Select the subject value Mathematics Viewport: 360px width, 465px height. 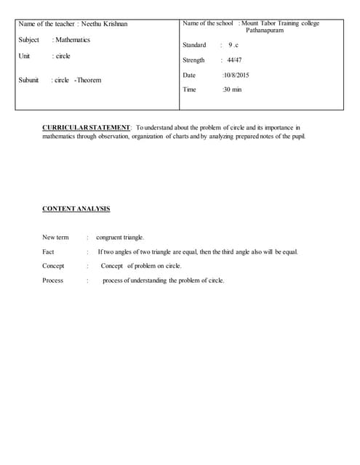pos(73,40)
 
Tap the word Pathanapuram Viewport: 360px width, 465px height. pos(265,31)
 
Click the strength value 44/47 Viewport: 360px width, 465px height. pos(235,60)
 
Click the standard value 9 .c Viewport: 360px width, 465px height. pos(233,45)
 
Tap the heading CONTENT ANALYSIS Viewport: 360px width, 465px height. pos(76,209)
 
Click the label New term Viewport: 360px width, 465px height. pos(55,237)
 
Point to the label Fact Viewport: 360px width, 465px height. pos(48,251)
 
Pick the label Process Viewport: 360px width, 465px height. pos(52,280)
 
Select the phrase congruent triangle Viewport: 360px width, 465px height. pos(120,237)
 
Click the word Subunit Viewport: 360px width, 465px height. pos(28,80)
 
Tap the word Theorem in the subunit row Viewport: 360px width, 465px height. pos(89,80)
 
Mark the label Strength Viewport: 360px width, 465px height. pos(193,60)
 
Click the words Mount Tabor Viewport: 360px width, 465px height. pos(266,23)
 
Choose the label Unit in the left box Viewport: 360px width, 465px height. pos(24,56)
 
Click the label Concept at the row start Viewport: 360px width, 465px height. pos(53,266)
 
